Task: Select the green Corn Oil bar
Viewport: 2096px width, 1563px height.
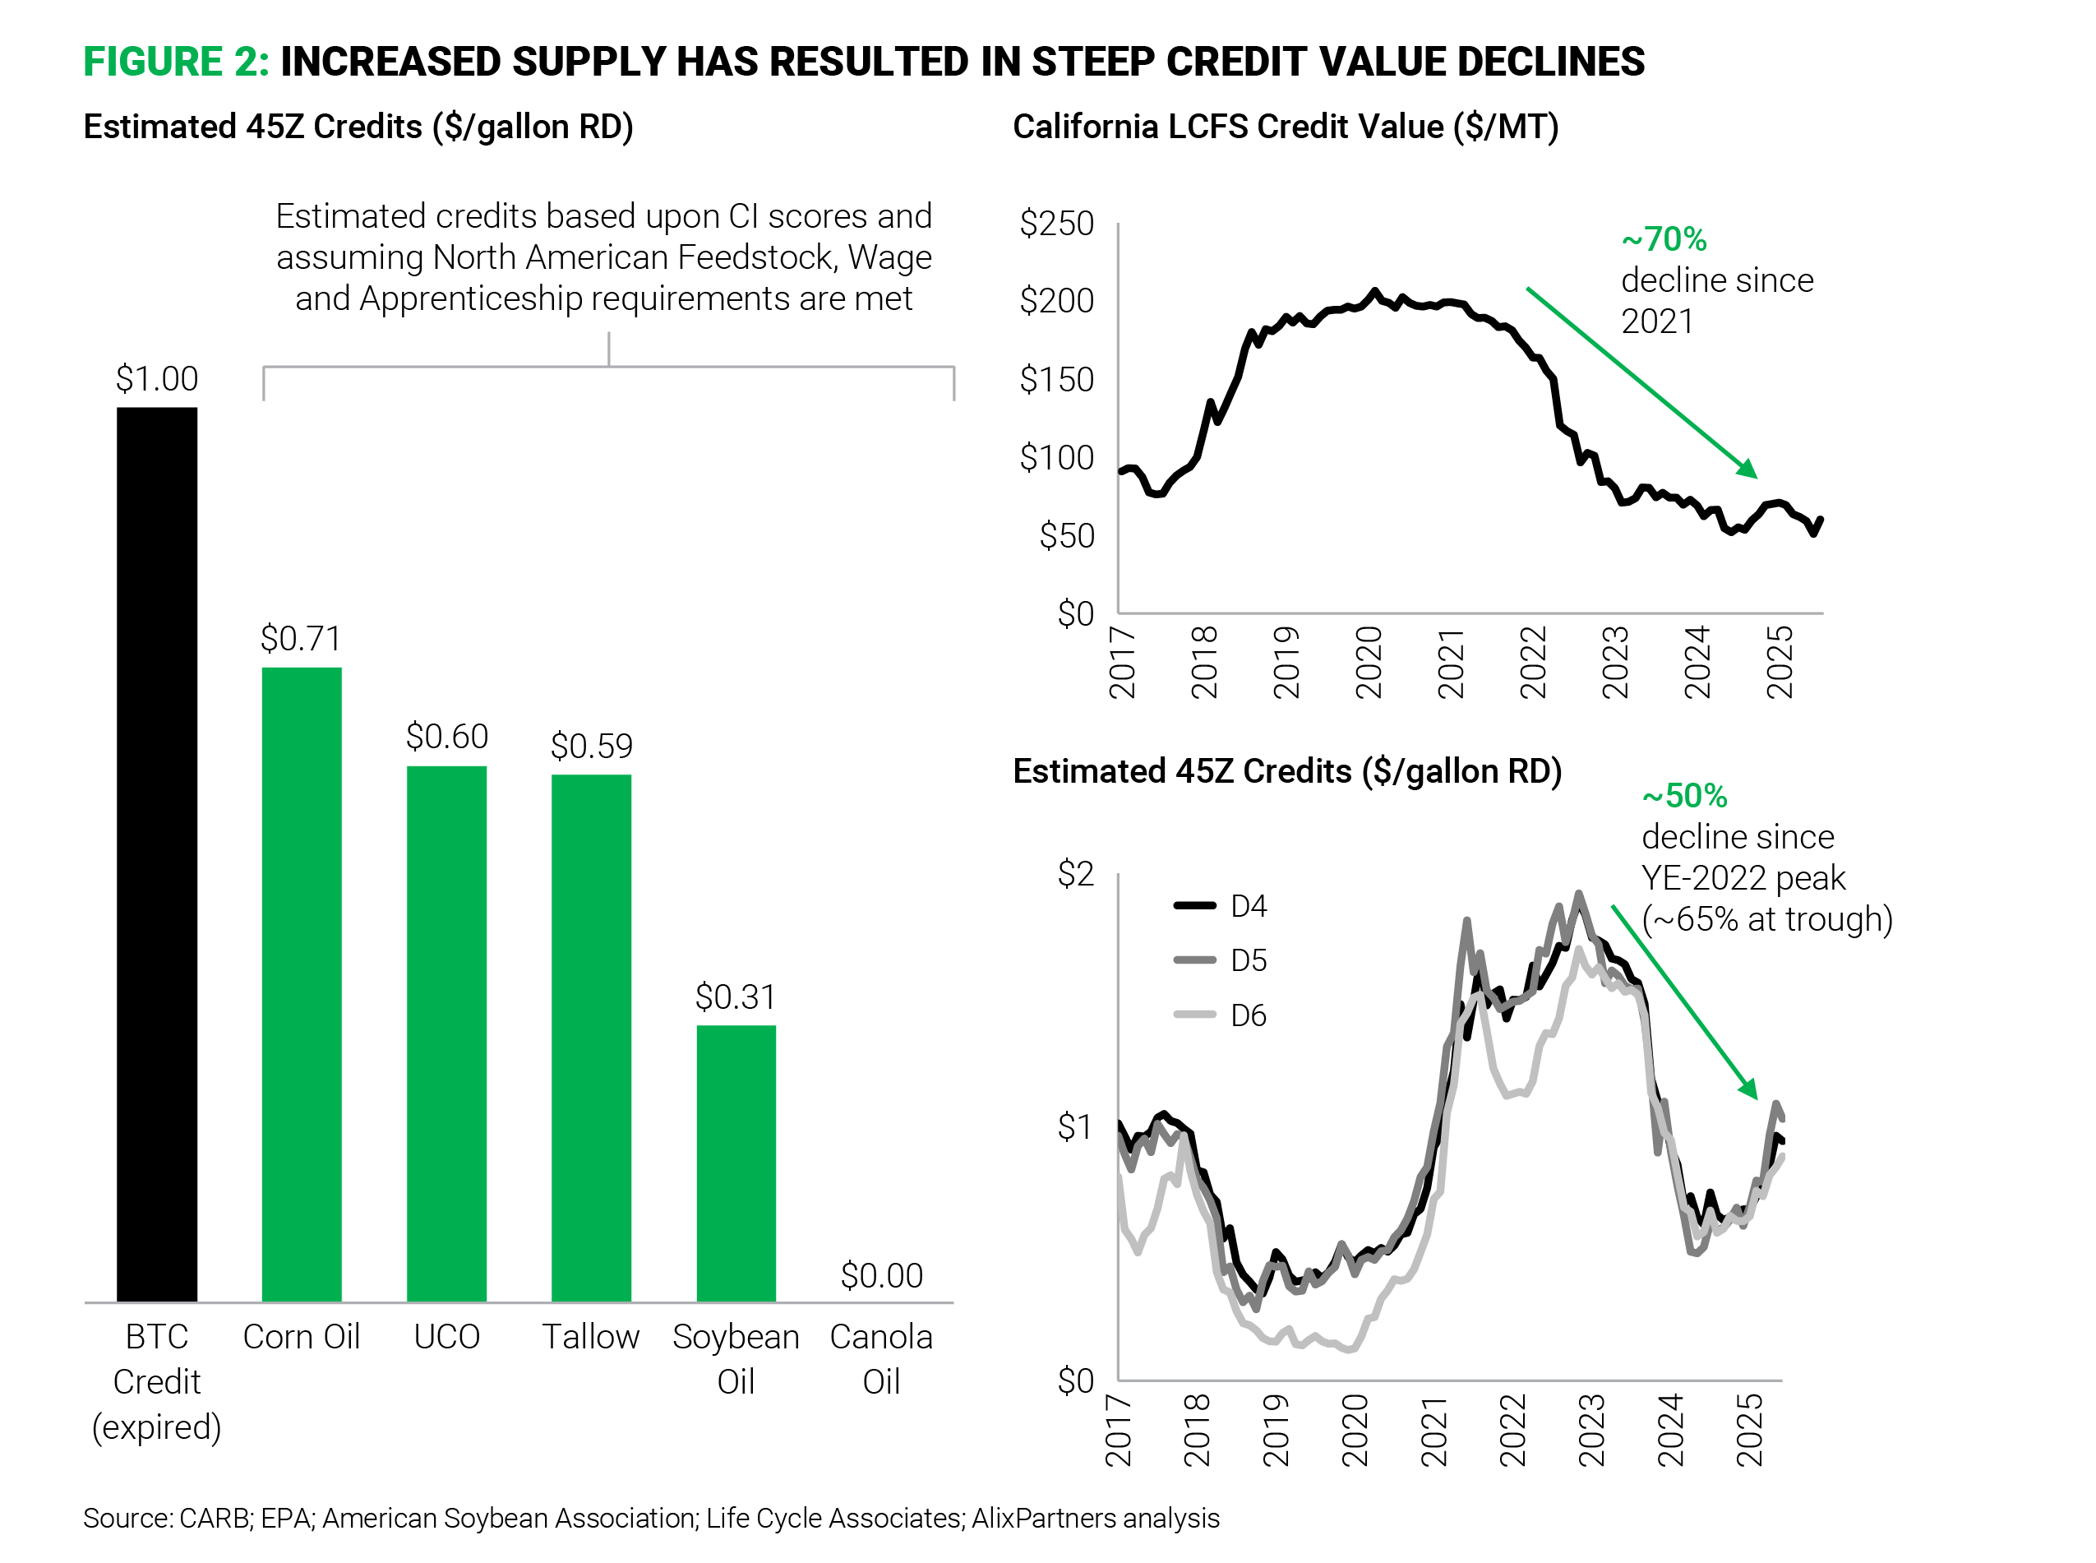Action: [x=301, y=984]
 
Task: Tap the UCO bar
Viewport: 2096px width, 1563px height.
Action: [x=446, y=1034]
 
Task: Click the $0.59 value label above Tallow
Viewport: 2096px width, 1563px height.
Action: [x=591, y=746]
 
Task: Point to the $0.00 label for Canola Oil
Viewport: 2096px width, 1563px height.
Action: [x=880, y=1274]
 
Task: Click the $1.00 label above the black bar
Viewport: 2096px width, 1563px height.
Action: [x=156, y=378]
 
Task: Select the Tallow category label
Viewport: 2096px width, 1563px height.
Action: [x=590, y=1336]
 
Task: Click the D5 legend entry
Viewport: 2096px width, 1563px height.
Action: [x=1220, y=960]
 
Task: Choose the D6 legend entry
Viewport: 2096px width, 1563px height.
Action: [x=1220, y=1015]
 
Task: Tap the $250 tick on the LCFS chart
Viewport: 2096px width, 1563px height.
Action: [x=1055, y=224]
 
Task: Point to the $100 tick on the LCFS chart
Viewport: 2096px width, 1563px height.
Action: [x=1055, y=457]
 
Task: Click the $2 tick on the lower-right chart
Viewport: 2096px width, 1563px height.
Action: [x=1074, y=872]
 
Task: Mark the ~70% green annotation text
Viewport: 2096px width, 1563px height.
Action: [x=1664, y=239]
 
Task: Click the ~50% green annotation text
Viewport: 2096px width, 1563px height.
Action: [x=1684, y=796]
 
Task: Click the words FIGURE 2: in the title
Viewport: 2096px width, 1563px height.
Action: [x=176, y=62]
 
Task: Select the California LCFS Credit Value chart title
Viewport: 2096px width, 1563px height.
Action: [x=1285, y=126]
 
